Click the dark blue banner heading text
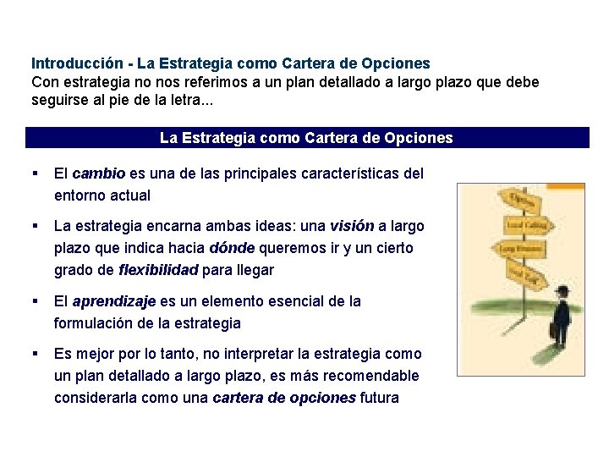pos(306,138)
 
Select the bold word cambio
pos(99,173)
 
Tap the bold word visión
pos(352,226)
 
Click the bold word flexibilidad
pos(158,270)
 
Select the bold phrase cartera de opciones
pos(284,398)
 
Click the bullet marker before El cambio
pos(35,173)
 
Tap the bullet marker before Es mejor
pos(35,354)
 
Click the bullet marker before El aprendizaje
pos(35,301)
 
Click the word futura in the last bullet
pos(380,398)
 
